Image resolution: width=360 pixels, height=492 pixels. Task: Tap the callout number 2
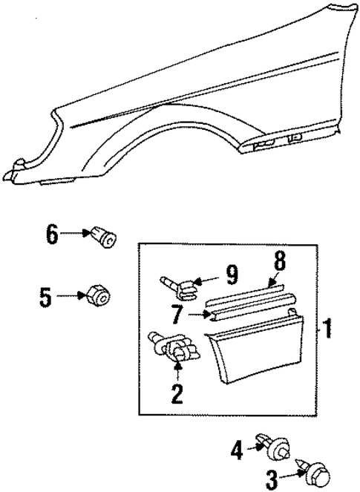click(x=177, y=393)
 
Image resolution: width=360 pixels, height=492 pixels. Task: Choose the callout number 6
click(x=51, y=234)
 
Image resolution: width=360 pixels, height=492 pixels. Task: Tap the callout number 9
click(x=232, y=277)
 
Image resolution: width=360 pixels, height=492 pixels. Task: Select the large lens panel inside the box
click(x=257, y=348)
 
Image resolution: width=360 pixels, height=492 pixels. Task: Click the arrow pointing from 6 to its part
click(x=74, y=234)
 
